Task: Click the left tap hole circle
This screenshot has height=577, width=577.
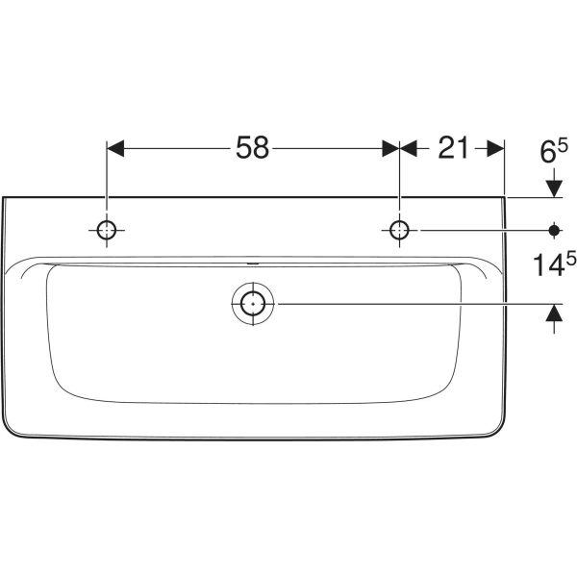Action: click(106, 230)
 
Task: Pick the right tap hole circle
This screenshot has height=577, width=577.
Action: click(398, 230)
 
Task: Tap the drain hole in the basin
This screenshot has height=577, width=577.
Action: click(252, 303)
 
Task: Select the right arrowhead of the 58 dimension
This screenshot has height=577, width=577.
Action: click(389, 148)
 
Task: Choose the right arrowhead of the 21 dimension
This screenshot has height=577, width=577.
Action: click(495, 148)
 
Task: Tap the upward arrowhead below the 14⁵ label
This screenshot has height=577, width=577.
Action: click(554, 314)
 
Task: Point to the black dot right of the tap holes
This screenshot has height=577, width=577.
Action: click(554, 230)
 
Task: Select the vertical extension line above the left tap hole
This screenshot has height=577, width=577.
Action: click(106, 183)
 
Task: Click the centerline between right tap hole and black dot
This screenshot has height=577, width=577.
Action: click(471, 230)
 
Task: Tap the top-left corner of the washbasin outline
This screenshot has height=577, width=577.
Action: click(5, 199)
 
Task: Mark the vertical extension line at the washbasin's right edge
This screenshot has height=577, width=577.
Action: click(505, 168)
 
